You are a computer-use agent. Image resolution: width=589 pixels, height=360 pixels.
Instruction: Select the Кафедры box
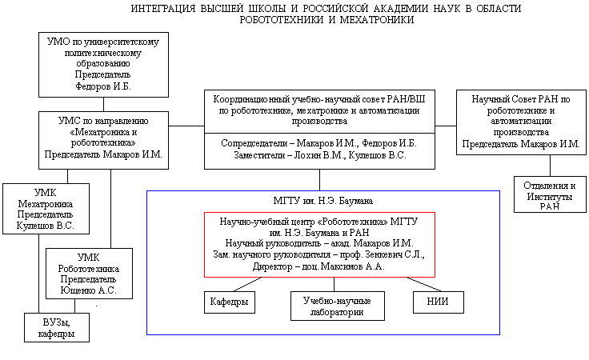pos(227,302)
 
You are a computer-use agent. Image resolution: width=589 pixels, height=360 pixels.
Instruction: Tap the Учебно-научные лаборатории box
pos(336,306)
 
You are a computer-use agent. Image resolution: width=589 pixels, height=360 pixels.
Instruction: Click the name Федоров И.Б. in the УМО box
pos(102,86)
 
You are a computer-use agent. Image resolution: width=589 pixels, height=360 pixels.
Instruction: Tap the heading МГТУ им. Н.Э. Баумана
pos(323,199)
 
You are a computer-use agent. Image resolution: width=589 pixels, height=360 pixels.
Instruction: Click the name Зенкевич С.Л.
pos(393,254)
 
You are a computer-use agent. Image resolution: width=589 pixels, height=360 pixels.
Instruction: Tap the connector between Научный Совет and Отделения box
pos(550,165)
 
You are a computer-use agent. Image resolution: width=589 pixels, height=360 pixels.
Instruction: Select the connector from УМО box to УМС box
pos(103,104)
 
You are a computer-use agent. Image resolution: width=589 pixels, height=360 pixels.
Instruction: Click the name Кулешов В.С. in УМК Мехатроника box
pos(46,226)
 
